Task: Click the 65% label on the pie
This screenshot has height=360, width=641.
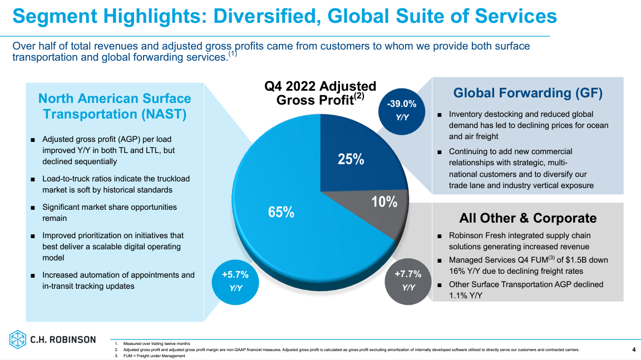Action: coord(282,212)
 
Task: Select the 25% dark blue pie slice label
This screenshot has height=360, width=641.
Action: coord(351,160)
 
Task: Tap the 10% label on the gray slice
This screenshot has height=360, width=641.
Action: coord(384,202)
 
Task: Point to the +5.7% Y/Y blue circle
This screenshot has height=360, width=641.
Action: coord(235,280)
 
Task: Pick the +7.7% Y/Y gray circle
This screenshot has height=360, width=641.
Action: coord(408,280)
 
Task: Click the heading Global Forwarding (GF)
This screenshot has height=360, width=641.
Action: coord(527,93)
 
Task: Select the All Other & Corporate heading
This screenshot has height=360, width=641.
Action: coord(527,218)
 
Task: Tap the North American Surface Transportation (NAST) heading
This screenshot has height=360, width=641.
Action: coord(115,106)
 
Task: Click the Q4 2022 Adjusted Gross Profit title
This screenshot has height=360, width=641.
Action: coord(320,93)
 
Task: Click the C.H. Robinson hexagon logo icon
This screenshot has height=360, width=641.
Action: coord(18,339)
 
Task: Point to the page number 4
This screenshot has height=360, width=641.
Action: coord(634,349)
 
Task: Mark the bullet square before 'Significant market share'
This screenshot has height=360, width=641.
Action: coord(33,208)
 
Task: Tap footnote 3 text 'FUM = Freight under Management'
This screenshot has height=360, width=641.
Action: coord(154,356)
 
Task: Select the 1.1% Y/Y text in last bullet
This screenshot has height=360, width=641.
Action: coord(465,295)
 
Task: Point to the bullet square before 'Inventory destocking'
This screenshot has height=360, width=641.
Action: coord(440,115)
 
